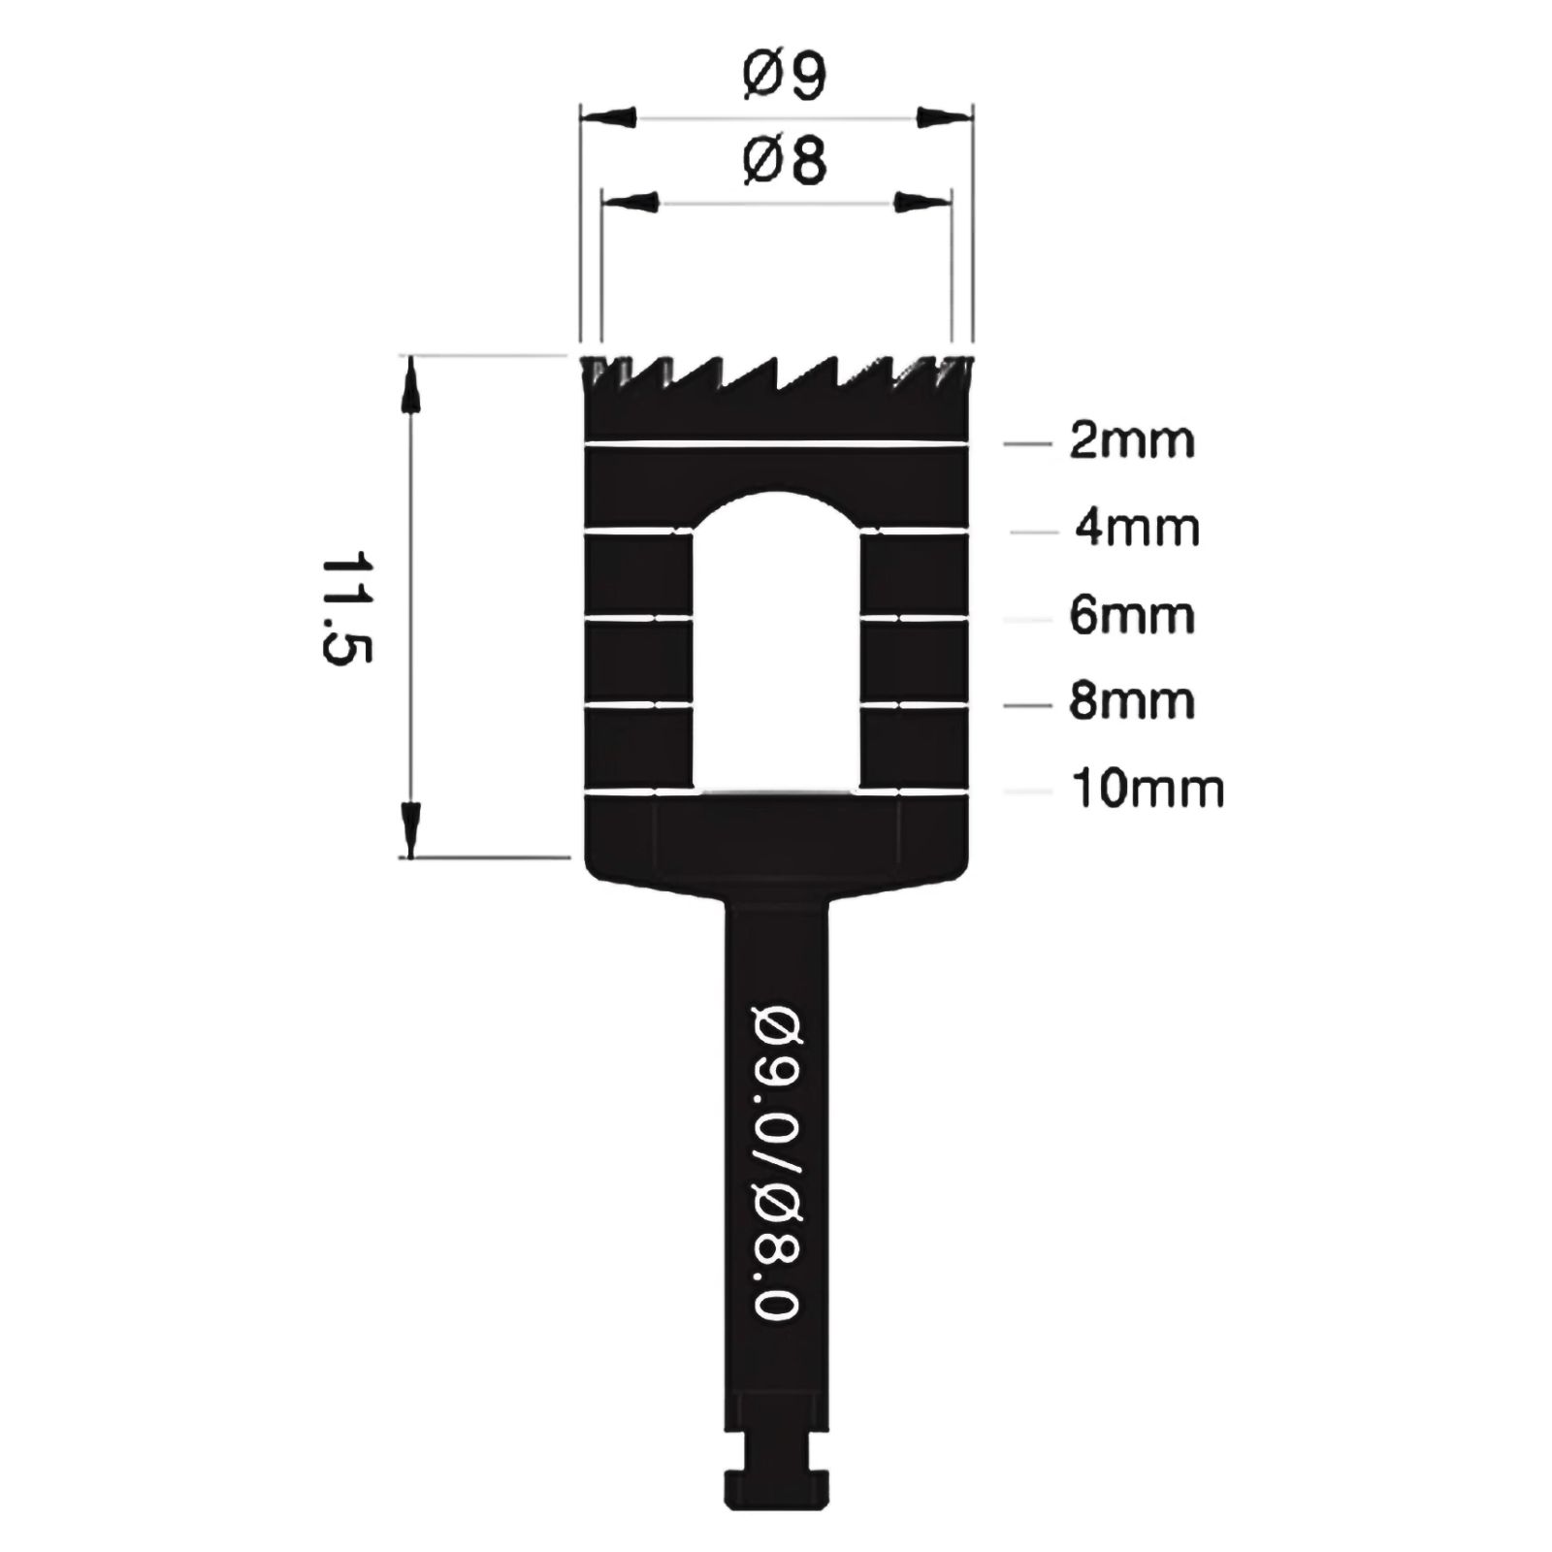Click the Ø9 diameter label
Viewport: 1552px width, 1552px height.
[785, 77]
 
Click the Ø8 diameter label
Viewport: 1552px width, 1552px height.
[785, 161]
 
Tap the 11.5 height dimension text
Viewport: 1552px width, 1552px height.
[346, 608]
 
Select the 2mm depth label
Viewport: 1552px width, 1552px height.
[1132, 441]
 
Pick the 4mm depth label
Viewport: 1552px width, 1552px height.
[1137, 530]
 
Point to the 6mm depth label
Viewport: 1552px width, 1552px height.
[1132, 616]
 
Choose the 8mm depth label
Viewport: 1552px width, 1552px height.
[1132, 701]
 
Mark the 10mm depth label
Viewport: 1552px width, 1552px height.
[1148, 789]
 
